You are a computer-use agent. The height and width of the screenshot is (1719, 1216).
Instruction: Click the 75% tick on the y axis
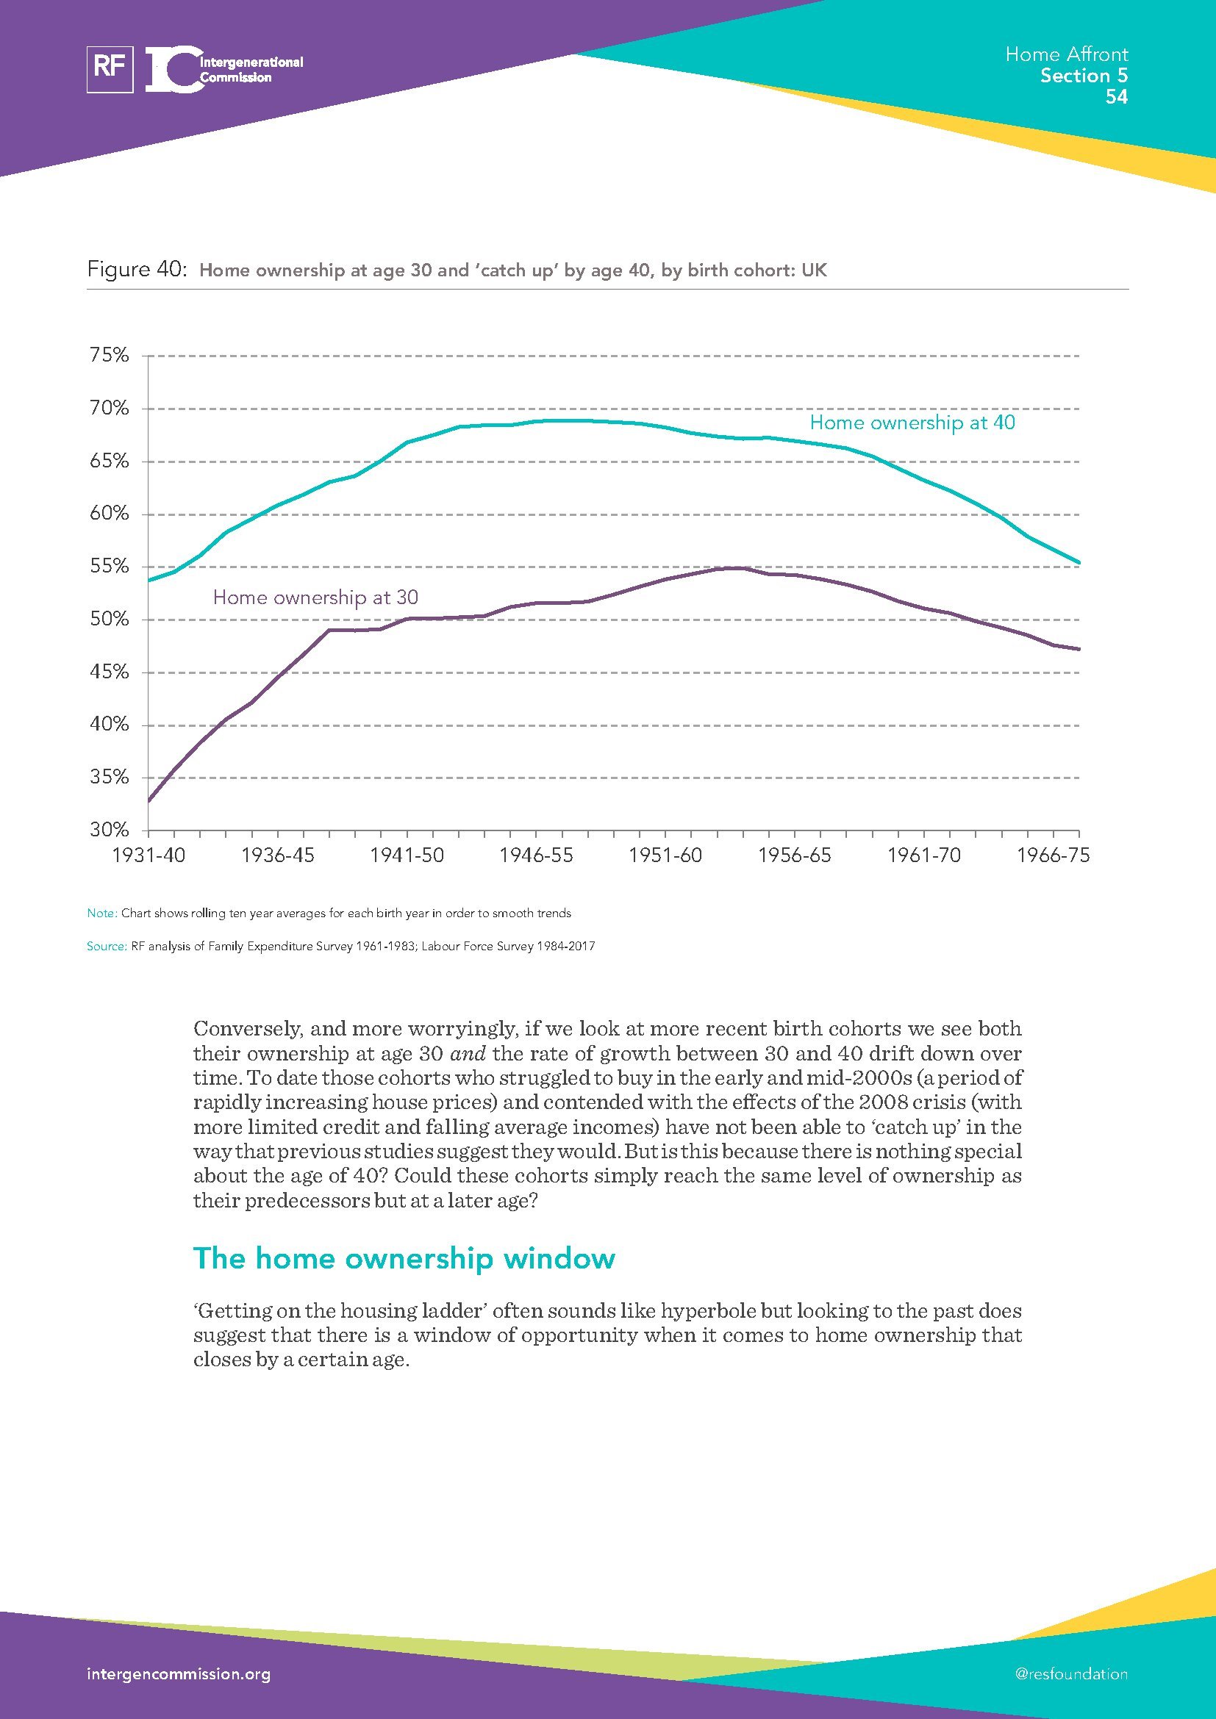110,355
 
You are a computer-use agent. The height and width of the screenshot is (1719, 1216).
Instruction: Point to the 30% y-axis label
110,830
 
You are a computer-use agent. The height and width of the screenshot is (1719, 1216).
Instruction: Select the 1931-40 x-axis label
149,855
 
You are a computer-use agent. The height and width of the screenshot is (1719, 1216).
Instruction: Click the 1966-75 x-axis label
1053,855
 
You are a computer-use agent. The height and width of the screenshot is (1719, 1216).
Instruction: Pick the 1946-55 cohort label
536,855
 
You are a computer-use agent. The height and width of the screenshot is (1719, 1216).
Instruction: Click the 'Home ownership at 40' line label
912,423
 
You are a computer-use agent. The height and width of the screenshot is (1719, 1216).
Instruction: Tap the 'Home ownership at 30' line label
315,597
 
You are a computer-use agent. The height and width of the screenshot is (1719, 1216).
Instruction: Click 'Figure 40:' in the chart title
136,270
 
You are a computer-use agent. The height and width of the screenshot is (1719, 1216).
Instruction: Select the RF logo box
110,69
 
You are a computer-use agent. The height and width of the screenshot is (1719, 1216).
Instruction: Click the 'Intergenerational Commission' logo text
250,70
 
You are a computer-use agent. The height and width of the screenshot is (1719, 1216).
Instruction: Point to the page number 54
1116,96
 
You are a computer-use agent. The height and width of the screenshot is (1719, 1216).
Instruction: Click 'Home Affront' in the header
1066,54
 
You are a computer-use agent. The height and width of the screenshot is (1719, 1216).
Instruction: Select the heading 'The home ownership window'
404,1258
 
